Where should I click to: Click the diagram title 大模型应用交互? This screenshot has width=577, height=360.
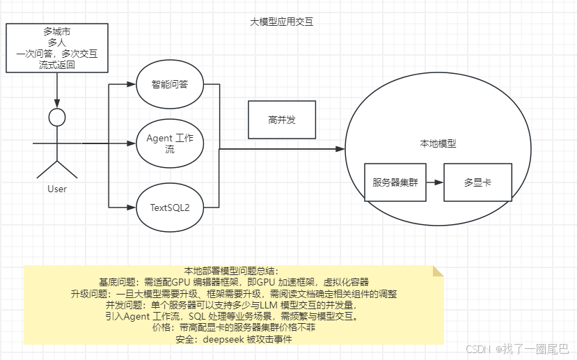click(x=281, y=22)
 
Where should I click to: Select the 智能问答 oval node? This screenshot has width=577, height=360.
click(x=170, y=85)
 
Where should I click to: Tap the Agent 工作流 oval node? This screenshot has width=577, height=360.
click(x=170, y=144)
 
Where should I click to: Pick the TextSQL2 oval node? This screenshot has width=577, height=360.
click(x=170, y=207)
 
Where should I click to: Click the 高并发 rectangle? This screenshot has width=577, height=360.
click(x=282, y=120)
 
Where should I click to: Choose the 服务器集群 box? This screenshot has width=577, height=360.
click(x=395, y=182)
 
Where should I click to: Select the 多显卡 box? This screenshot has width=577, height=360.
click(x=477, y=182)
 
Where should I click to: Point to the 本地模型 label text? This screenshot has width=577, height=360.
click(x=437, y=143)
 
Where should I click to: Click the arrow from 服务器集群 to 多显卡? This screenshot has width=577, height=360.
click(x=435, y=182)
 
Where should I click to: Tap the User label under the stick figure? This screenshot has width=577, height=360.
click(x=57, y=189)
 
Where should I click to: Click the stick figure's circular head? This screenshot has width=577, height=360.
click(x=57, y=117)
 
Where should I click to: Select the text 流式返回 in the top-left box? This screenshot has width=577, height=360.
click(x=57, y=65)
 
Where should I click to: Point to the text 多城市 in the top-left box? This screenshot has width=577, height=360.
click(x=57, y=31)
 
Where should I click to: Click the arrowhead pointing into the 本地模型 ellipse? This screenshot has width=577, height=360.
click(x=341, y=149)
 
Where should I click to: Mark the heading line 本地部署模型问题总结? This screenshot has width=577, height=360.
click(x=231, y=271)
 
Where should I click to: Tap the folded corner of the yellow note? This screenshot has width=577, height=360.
click(x=437, y=270)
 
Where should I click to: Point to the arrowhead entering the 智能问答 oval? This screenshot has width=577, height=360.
click(x=132, y=85)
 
